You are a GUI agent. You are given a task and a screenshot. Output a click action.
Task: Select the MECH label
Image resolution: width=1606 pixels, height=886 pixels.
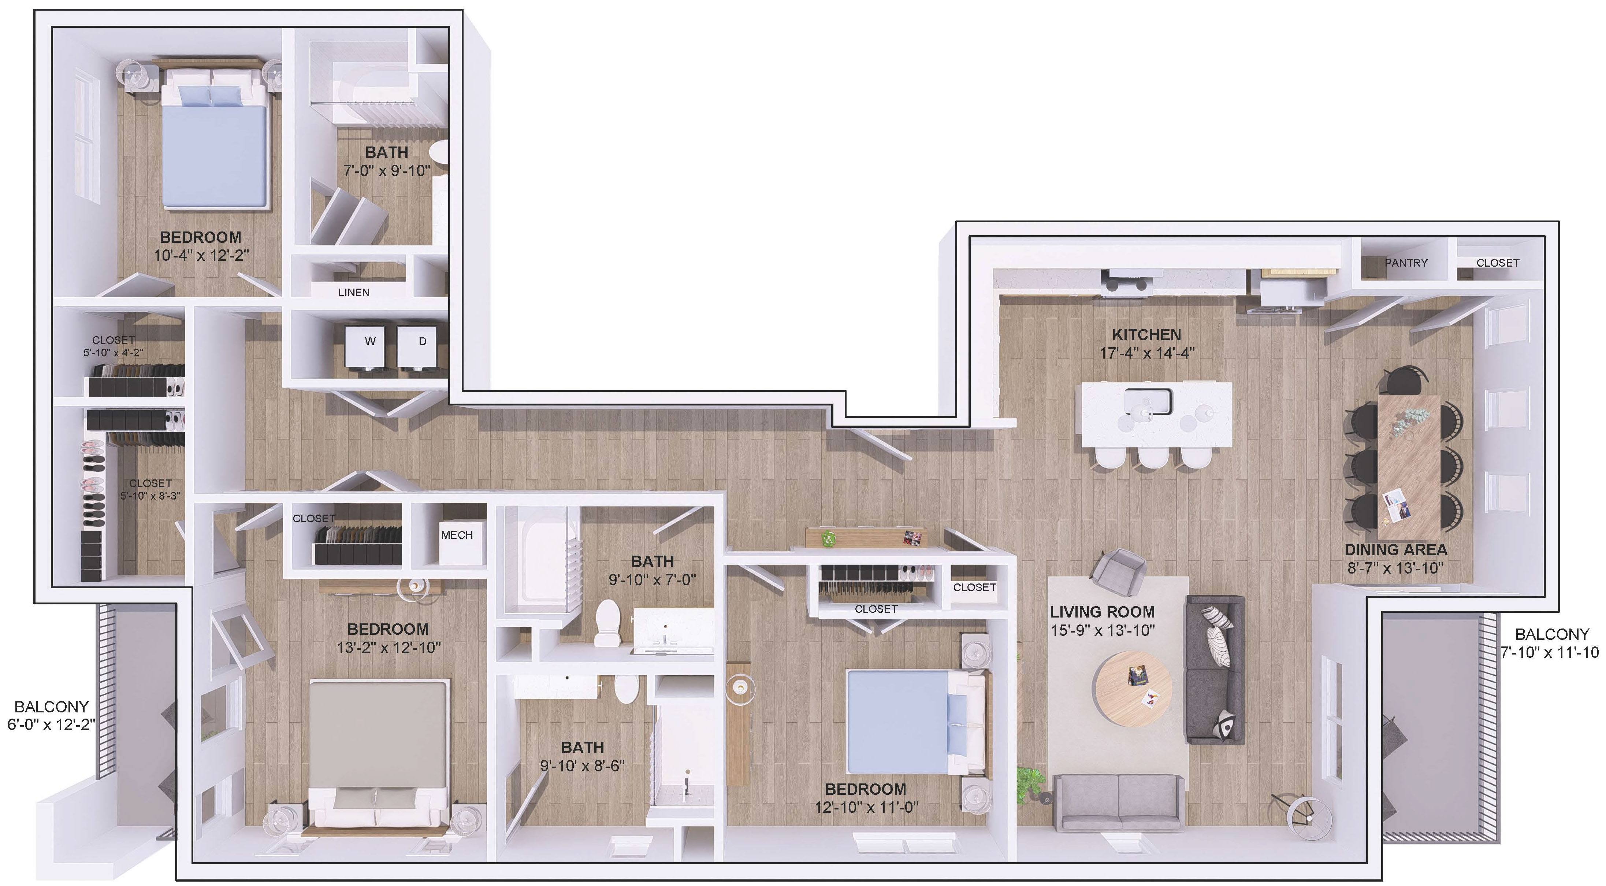pos(457,535)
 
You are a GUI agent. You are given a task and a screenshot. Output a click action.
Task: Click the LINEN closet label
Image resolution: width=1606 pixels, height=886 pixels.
pos(353,292)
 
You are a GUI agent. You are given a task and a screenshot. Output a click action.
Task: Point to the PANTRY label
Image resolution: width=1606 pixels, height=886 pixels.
pos(1406,263)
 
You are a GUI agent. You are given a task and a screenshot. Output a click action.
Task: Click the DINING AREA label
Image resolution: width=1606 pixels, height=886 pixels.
pos(1395,550)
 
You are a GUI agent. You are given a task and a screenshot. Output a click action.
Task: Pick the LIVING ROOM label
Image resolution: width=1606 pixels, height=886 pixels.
pos(1102,612)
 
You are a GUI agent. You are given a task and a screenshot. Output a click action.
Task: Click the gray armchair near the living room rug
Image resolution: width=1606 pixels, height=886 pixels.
pos(1120,569)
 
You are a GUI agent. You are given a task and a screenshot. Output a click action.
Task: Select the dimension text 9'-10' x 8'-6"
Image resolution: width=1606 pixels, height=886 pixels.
pos(582,765)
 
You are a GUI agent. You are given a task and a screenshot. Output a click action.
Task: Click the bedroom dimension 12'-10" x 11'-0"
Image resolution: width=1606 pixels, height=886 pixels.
pos(867,808)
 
